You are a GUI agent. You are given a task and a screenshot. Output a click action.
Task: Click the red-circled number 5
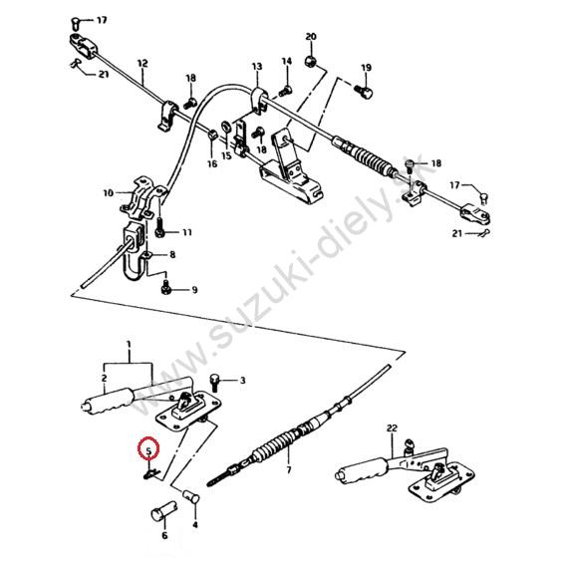[148, 451]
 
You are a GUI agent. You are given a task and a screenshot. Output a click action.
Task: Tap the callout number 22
[392, 428]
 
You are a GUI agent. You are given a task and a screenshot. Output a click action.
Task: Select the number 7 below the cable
[289, 469]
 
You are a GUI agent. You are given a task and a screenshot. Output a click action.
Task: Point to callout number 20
[310, 37]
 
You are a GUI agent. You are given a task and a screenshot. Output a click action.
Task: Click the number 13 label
[257, 67]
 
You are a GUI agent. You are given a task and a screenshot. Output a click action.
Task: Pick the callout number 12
[142, 63]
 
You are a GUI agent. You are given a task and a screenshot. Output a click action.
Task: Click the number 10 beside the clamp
[109, 192]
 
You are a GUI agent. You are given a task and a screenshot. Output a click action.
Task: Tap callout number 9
[194, 290]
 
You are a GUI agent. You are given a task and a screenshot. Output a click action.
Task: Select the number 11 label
[187, 232]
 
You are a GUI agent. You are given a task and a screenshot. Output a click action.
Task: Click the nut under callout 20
[310, 61]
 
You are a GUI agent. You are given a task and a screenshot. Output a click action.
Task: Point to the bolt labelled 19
[363, 92]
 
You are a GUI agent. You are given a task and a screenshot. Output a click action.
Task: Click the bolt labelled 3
[214, 383]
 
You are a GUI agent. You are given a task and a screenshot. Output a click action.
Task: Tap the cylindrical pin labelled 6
[163, 512]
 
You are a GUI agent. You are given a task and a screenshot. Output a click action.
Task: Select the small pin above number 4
[190, 496]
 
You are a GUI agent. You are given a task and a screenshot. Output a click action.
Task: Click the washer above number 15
[225, 127]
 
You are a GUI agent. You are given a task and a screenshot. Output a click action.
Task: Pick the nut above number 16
[212, 135]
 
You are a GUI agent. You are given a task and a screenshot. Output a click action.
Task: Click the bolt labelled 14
[285, 91]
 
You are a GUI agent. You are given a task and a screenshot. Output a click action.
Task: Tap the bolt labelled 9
[165, 287]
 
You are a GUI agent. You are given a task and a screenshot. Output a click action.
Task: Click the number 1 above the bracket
[129, 344]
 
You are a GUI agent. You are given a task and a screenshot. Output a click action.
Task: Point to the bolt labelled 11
[159, 226]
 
